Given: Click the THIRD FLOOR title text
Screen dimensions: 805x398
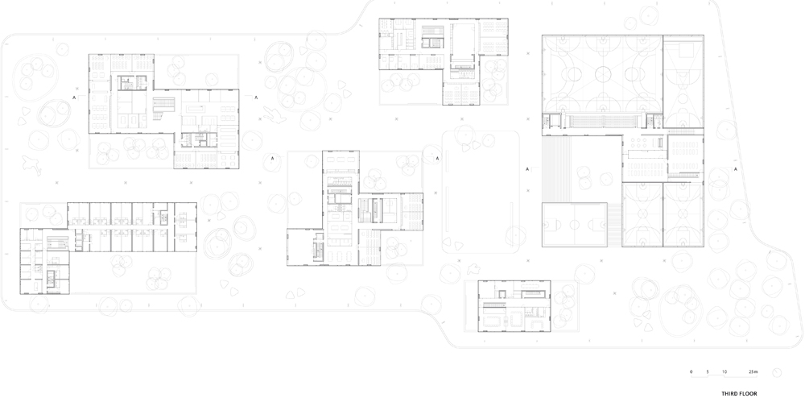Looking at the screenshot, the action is [x=739, y=394].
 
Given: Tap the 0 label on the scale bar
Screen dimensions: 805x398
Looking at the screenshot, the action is [x=691, y=371].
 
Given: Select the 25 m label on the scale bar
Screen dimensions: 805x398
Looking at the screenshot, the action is [x=753, y=371].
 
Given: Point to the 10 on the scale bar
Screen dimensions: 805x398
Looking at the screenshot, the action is [x=724, y=371].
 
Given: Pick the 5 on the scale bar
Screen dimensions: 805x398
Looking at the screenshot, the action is [x=708, y=371].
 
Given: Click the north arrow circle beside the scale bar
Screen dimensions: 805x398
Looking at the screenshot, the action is [x=777, y=373].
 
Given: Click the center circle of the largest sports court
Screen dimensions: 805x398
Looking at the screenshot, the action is [x=604, y=74].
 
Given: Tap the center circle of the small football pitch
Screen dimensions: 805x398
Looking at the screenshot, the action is [x=575, y=225].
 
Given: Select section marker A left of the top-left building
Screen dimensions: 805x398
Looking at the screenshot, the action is [x=74, y=97].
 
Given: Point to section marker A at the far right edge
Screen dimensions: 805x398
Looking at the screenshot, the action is [x=735, y=169].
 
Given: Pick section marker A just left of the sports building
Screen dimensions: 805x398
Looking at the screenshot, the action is [x=527, y=169].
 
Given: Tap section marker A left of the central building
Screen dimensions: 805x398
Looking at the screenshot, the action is [x=271, y=158].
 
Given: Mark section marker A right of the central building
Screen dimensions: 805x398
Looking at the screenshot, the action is [x=437, y=158].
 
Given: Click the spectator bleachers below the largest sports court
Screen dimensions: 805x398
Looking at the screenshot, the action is [x=604, y=121].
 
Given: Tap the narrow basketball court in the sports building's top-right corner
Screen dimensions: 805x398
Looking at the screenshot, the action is [x=683, y=81].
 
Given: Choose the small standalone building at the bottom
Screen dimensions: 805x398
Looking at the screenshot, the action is [x=514, y=306].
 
